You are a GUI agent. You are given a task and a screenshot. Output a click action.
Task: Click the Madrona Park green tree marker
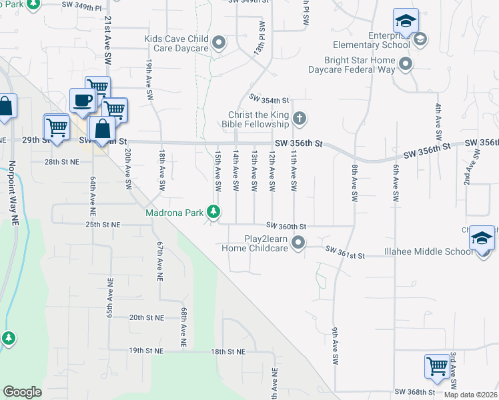(x=213, y=213)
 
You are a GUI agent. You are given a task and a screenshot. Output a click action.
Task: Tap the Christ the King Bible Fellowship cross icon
(x=300, y=119)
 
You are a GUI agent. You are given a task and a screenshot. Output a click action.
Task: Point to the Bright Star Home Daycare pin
(x=406, y=65)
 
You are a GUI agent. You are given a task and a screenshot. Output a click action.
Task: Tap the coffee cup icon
(x=82, y=100)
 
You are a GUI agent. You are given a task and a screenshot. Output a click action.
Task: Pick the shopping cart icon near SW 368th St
(x=436, y=365)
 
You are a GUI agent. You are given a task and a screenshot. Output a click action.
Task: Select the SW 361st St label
(x=346, y=253)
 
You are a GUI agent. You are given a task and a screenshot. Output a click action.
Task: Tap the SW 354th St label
(x=268, y=99)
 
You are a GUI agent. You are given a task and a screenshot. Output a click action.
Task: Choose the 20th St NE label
(x=146, y=318)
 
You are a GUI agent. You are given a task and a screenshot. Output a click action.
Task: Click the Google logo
(x=22, y=391)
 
